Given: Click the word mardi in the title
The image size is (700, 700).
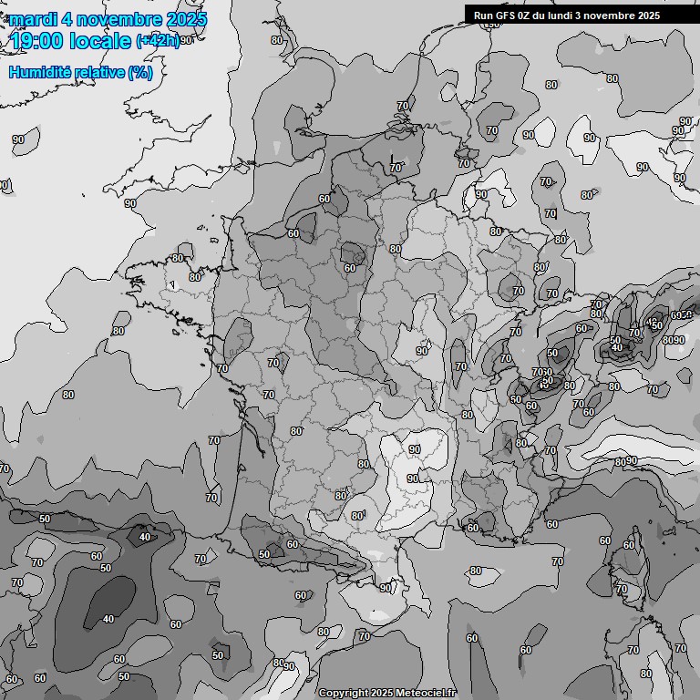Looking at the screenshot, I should pos(33,19).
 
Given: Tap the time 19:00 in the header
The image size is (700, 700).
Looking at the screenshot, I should pos(39,40).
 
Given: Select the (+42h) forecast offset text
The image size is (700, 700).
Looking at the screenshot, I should pos(157,41).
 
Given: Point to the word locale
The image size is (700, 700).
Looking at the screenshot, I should pos(101,40).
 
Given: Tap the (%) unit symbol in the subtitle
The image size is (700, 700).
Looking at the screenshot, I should pos(140,72).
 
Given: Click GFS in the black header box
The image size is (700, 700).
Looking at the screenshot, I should pos(505,15).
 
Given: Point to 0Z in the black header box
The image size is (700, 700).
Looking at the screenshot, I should pos(527,15).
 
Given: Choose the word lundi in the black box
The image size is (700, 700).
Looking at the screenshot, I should pos(567,15).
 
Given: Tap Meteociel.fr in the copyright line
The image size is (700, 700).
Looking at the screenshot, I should pos(427,694).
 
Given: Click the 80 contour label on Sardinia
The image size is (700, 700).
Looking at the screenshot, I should pos(645,674).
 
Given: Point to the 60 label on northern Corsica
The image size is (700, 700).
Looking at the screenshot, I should pos(628,545).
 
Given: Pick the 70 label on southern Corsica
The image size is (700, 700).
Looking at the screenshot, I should pos(622,590).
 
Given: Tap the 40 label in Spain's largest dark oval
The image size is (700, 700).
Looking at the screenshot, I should pos(108,619).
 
